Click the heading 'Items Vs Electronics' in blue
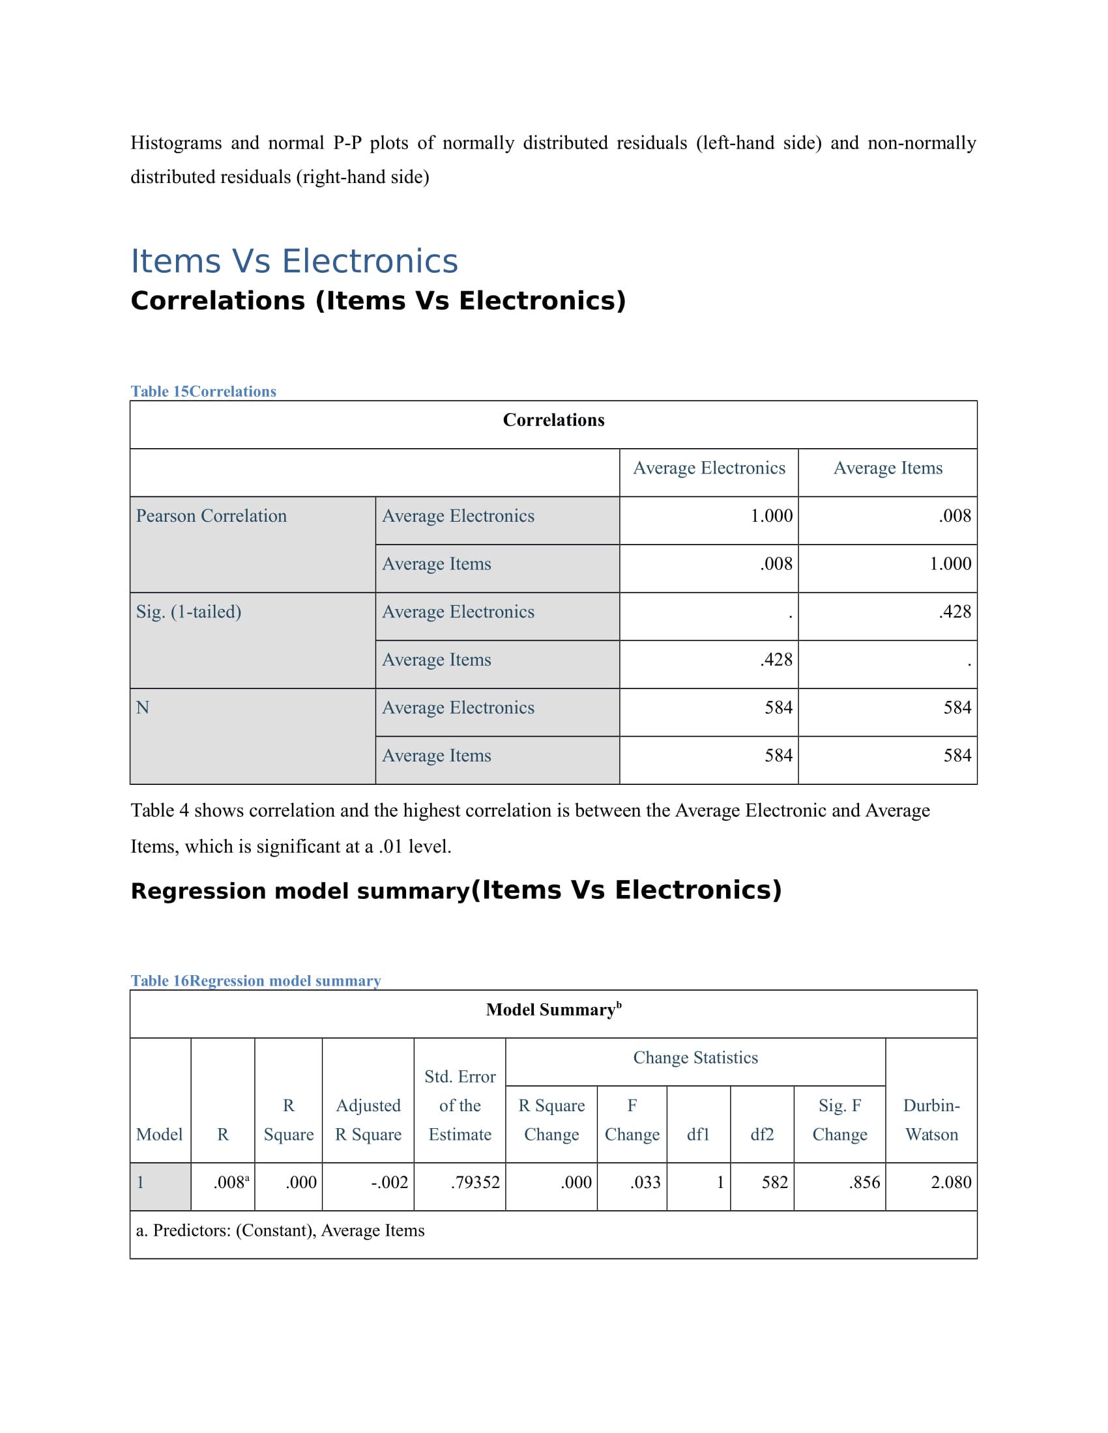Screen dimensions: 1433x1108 tap(293, 261)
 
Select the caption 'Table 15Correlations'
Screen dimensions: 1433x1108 tap(203, 391)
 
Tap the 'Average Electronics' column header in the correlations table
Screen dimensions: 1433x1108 tap(708, 468)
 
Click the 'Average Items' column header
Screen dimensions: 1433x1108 tap(888, 468)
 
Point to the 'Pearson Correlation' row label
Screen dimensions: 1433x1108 tap(211, 516)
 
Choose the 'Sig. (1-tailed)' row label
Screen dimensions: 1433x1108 tap(188, 612)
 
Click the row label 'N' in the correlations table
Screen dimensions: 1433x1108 tap(143, 707)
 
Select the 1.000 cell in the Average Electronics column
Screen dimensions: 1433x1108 tap(771, 516)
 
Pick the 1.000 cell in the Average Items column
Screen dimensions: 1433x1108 tap(950, 563)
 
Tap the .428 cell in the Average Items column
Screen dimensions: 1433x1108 tap(954, 612)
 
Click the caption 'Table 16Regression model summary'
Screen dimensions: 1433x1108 tap(255, 980)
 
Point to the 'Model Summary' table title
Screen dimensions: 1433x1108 tap(553, 1009)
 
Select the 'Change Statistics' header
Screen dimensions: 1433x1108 tap(695, 1057)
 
